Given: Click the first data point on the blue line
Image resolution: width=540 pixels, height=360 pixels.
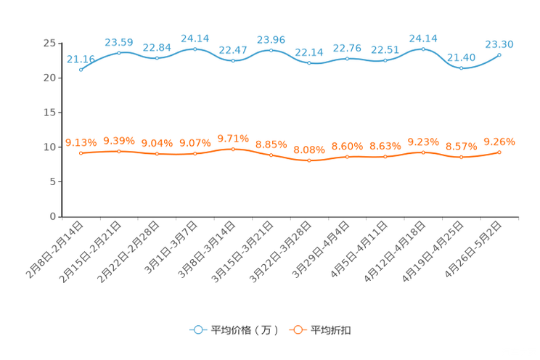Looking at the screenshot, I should tap(81, 70).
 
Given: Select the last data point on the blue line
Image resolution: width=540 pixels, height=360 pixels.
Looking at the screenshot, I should tap(499, 54).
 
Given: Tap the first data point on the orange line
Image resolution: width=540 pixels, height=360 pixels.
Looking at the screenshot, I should tap(81, 153).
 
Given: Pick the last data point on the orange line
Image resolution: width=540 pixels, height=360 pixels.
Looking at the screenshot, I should tap(499, 152).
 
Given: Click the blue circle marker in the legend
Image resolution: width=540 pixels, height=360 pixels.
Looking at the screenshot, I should tap(197, 330).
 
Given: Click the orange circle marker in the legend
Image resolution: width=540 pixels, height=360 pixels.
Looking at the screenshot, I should tap(297, 330).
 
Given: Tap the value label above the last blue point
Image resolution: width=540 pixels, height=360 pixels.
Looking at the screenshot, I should tap(500, 44).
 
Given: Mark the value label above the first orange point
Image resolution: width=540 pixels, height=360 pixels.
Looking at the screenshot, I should tap(81, 142).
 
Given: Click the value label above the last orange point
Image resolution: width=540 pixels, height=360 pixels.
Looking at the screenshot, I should tap(499, 141).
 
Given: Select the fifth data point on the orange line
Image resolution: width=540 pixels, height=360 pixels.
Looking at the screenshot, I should tap(233, 149).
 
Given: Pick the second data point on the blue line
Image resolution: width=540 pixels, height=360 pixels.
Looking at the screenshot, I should tap(119, 52).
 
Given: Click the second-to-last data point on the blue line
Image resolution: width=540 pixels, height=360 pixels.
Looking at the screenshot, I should tap(462, 68).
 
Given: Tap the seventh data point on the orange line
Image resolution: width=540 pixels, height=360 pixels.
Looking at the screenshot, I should tap(309, 160).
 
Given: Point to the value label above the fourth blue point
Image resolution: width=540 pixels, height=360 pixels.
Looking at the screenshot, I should tap(195, 37).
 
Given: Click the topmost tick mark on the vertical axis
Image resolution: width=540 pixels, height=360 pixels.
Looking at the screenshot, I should tap(60, 43).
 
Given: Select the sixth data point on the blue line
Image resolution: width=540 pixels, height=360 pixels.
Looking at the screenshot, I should tap(271, 50).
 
